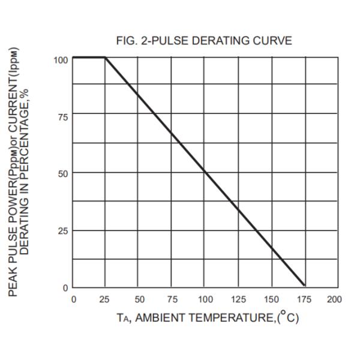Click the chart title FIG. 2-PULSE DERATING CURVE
point(205,41)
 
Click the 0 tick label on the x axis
point(73,299)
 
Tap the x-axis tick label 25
point(106,299)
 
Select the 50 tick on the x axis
point(139,299)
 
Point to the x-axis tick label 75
point(172,299)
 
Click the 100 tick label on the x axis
point(205,299)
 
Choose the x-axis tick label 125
point(238,299)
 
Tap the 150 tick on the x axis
point(271,299)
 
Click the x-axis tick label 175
point(305,299)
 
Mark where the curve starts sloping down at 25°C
point(106,58)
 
